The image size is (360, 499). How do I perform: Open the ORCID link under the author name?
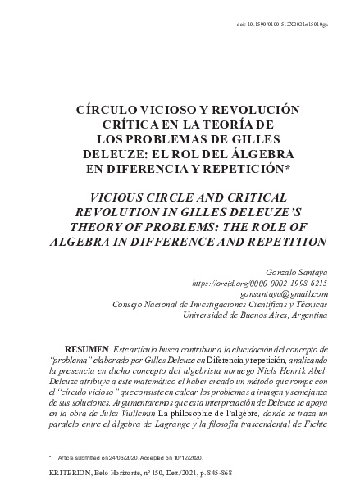(x=258, y=282)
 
